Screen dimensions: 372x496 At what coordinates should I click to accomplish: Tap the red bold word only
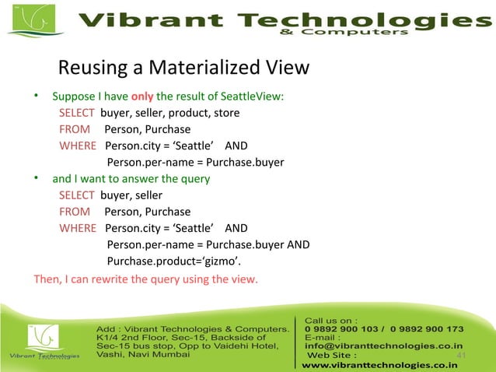pos(142,97)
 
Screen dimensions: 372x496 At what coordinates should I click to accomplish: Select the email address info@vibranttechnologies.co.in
pos(384,346)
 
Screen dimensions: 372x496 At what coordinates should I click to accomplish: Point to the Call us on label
pos(332,319)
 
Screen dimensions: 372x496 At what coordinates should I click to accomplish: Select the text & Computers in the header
pos(342,33)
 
